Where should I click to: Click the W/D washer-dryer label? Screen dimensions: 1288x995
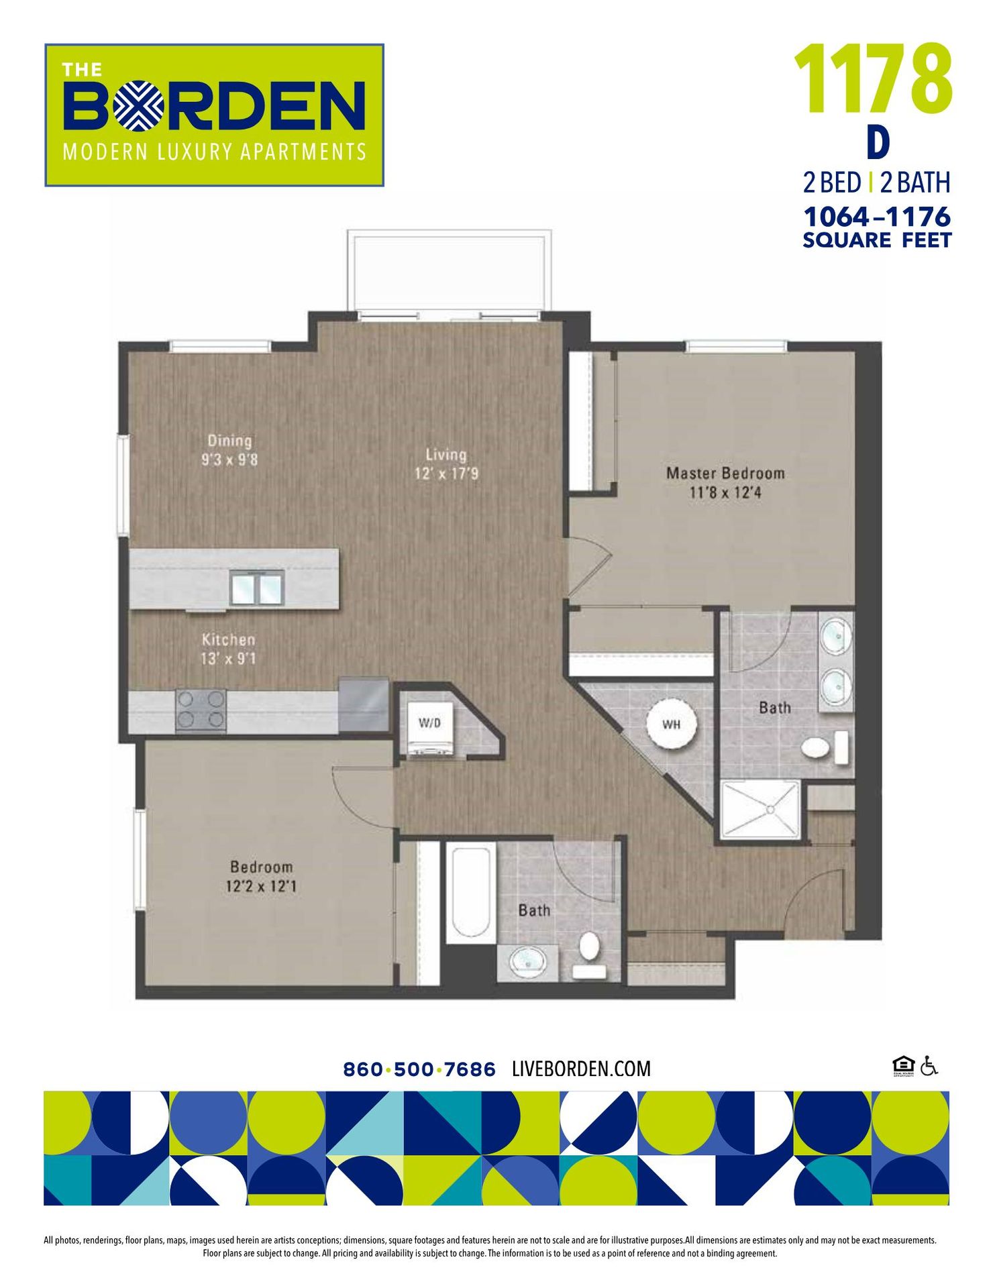[429, 722]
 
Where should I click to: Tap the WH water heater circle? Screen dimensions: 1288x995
[671, 724]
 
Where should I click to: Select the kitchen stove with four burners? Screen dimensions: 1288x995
[201, 710]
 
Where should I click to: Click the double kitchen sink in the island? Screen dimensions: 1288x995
[257, 588]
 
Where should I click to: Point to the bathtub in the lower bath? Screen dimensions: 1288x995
[470, 892]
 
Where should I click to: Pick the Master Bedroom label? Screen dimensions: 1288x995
[725, 473]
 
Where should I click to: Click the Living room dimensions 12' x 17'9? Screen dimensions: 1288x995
[446, 474]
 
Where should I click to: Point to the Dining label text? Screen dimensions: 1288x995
[229, 441]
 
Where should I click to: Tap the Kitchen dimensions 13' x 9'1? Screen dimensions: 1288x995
[229, 659]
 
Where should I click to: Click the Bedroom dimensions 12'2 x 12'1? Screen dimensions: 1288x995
[262, 886]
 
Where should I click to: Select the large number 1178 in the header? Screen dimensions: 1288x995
[874, 79]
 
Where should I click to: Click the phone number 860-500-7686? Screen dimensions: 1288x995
[419, 1069]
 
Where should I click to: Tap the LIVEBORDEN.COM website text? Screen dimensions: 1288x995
[581, 1069]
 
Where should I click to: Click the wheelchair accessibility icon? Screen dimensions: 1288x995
[929, 1065]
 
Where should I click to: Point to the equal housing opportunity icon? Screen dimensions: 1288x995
[903, 1065]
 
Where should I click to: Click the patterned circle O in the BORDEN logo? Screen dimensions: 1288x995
[138, 105]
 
